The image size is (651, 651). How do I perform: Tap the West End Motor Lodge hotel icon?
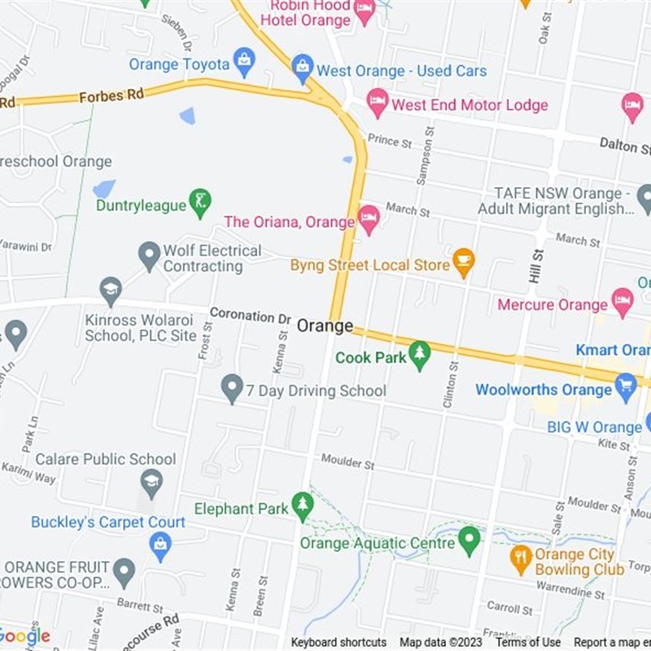point(377,102)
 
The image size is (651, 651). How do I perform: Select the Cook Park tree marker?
point(419,355)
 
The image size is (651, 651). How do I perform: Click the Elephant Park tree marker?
point(303,505)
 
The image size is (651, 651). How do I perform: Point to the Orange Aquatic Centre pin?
point(469,540)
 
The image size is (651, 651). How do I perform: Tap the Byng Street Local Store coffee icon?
point(463,262)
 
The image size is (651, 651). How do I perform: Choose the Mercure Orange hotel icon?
point(623,302)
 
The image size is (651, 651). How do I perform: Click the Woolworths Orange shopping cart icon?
point(625,387)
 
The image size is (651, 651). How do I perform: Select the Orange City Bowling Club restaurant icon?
point(521,557)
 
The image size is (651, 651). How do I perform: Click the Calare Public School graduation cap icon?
point(151,483)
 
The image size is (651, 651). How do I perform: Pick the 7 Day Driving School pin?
point(233,388)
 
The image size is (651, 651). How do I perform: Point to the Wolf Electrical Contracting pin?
point(149,256)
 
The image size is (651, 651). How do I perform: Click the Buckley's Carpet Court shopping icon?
point(160,545)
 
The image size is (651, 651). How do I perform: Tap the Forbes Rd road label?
point(111,95)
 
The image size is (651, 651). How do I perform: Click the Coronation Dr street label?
point(250,315)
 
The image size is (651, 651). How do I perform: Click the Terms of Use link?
point(528,642)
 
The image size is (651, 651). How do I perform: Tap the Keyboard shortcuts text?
point(339,642)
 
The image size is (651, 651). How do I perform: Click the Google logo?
point(25,636)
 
